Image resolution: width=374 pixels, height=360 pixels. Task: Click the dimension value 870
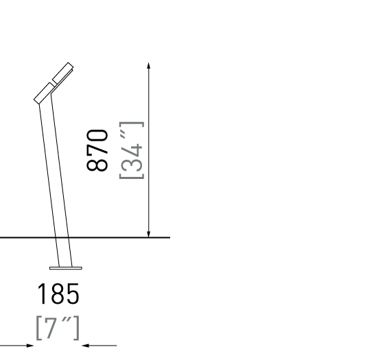click(97, 150)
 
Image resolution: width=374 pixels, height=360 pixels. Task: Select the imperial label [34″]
click(132, 150)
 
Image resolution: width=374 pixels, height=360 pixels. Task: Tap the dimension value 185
click(58, 293)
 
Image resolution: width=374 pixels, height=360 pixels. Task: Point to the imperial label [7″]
click(58, 328)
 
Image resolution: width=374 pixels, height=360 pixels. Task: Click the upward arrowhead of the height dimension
click(149, 65)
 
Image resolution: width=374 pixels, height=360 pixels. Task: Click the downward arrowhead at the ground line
click(149, 234)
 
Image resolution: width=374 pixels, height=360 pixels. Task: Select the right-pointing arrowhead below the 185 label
click(30, 345)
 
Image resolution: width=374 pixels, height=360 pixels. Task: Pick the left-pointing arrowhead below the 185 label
click(85, 345)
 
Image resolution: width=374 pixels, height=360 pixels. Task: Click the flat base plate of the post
click(66, 268)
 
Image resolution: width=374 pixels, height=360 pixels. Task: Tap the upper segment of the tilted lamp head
click(62, 73)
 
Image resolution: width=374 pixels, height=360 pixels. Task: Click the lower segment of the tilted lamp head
click(44, 93)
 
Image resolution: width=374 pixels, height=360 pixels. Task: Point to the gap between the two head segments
click(54, 84)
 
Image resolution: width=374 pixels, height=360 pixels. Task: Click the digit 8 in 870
click(97, 165)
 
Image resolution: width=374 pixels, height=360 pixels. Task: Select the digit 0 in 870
click(97, 135)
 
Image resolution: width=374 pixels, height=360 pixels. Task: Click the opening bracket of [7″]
click(38, 328)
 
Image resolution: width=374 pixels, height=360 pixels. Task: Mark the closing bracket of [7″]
click(76, 328)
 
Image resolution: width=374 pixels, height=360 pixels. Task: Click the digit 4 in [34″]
click(132, 151)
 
